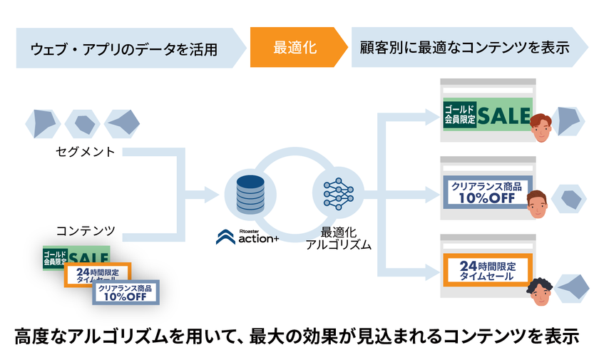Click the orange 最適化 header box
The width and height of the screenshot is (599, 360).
pos(295,48)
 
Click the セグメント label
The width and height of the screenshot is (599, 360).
pos(86,151)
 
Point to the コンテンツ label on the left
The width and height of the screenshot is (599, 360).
pos(86,231)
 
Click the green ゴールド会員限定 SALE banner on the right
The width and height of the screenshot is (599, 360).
pos(487,115)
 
